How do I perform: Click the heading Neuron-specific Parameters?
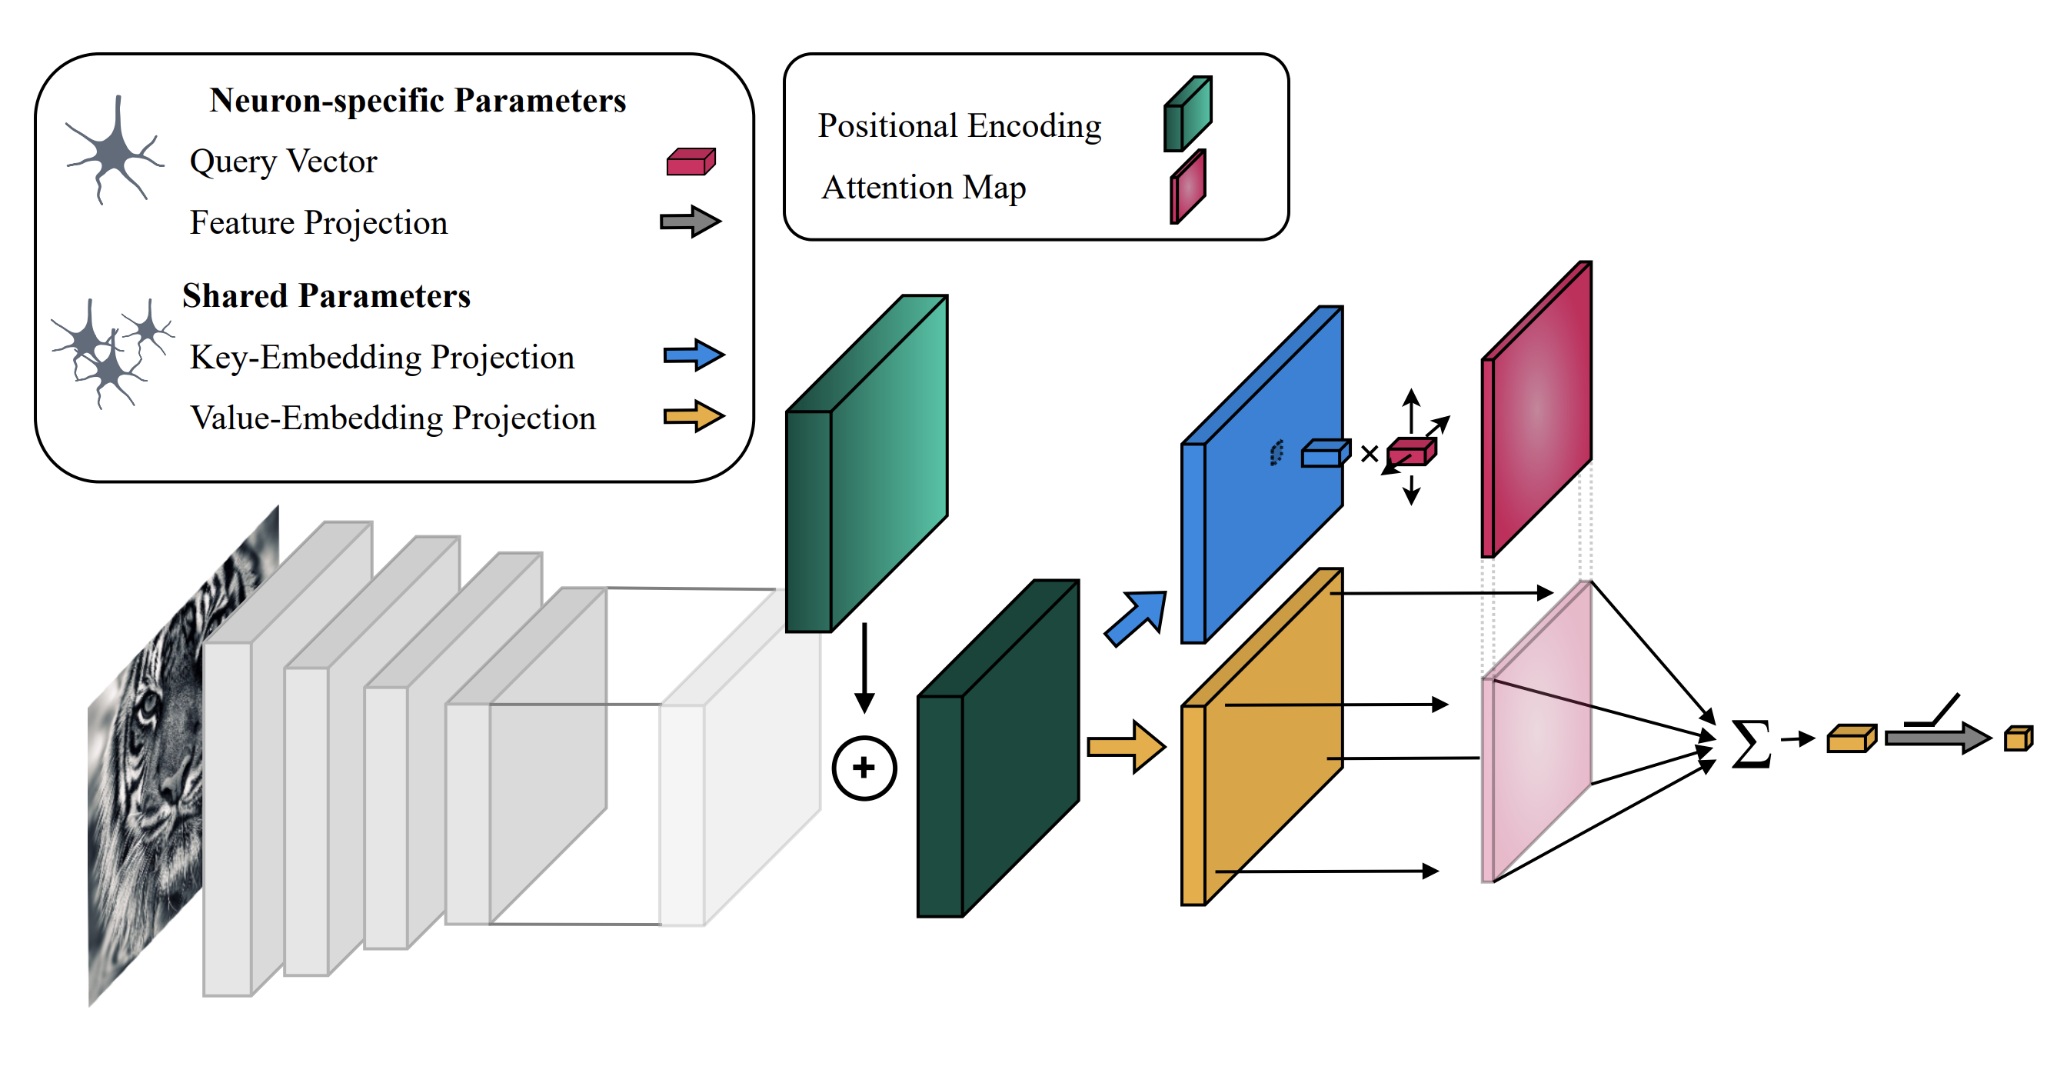click(418, 101)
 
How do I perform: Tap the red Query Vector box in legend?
click(691, 162)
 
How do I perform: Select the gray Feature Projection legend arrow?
click(691, 222)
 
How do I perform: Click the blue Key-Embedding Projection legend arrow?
click(694, 355)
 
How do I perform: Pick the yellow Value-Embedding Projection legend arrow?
click(694, 416)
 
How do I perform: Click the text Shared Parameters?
click(326, 295)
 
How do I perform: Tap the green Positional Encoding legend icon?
click(1187, 115)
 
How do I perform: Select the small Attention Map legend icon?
click(1187, 188)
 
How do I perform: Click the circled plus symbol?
click(864, 768)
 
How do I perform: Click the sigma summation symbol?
click(1751, 745)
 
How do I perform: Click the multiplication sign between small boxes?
click(1370, 455)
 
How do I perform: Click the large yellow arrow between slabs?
click(1126, 747)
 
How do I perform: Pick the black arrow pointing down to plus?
click(864, 668)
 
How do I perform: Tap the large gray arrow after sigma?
click(1936, 738)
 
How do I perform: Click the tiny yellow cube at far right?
click(2018, 739)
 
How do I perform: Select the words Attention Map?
click(924, 188)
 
